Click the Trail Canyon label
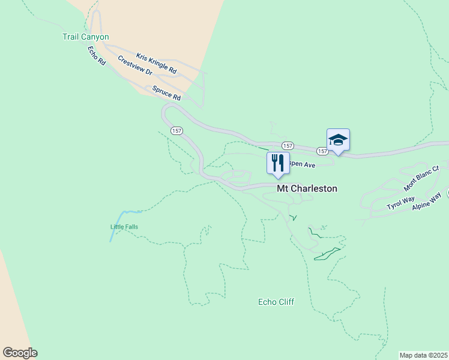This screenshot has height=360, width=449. [86, 37]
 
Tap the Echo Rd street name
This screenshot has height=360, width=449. [96, 56]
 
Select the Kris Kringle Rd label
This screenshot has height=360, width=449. [156, 64]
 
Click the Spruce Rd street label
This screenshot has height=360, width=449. [166, 93]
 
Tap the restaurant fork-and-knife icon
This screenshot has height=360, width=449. [278, 163]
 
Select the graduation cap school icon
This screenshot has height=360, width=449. [338, 140]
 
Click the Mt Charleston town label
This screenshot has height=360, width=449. [307, 188]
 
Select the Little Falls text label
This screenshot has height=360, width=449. [124, 227]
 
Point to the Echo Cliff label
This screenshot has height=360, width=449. [276, 302]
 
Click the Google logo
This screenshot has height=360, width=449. [20, 353]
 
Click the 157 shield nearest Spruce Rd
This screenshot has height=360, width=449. [176, 130]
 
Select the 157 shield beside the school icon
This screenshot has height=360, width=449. [322, 151]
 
